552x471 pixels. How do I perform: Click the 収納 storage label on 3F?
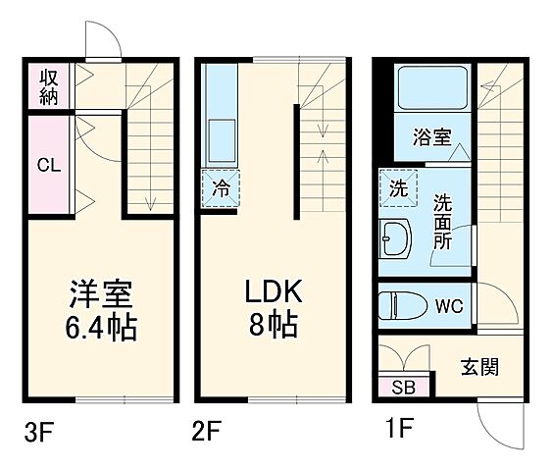tap(48, 87)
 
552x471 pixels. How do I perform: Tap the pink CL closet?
tap(48, 165)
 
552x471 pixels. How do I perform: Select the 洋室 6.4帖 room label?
tap(101, 309)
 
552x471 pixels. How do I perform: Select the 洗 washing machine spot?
tap(398, 188)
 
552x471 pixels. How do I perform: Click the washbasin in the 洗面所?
tap(398, 238)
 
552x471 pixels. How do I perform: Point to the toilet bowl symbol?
tap(403, 304)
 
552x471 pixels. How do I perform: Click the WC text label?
tap(450, 305)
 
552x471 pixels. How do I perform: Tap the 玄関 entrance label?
tap(479, 367)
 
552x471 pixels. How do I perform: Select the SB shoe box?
tap(403, 387)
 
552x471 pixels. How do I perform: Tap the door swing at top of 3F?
tap(102, 39)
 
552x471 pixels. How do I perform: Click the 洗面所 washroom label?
tap(443, 221)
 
